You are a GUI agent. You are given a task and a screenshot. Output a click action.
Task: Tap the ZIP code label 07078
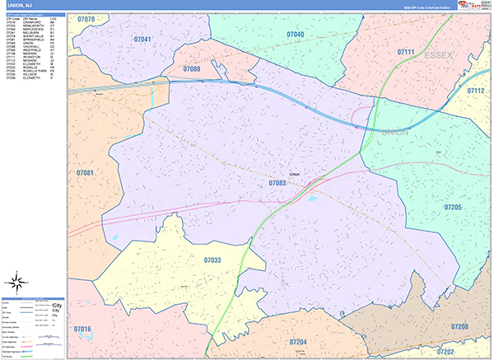86,18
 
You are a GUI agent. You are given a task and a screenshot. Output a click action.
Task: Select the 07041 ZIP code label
142,39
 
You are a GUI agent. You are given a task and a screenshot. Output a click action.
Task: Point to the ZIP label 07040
295,34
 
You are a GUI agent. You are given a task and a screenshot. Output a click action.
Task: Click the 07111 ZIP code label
406,52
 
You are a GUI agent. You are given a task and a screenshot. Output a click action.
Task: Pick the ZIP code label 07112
477,91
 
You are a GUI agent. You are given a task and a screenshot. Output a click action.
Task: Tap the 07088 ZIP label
192,69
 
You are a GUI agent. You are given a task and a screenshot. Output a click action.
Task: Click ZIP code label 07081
85,173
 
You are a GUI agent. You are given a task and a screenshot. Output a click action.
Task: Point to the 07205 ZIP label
454,208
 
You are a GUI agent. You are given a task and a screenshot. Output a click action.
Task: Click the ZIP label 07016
82,329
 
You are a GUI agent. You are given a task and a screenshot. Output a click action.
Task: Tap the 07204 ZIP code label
298,341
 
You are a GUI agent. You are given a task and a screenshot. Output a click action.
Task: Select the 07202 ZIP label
472,352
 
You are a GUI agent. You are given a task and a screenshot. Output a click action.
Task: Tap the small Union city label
295,175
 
